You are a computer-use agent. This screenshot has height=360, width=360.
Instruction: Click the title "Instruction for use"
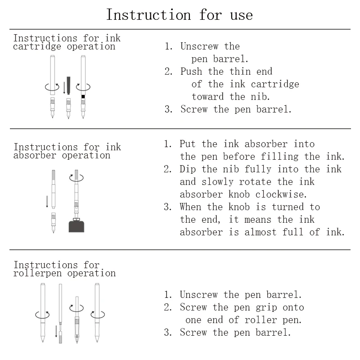point(180,14)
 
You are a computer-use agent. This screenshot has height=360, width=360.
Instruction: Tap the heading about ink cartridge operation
point(67,42)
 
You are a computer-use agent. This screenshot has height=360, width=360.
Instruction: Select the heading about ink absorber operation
point(67,151)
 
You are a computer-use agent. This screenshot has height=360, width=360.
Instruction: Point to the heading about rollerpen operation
point(64,269)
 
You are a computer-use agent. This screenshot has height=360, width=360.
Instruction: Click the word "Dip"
point(188,169)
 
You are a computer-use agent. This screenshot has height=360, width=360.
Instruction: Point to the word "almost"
point(261,232)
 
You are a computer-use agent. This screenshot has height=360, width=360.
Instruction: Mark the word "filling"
point(280,157)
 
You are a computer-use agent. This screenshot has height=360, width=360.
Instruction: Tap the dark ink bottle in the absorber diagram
point(76,225)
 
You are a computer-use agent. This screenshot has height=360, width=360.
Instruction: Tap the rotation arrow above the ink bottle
point(76,178)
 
